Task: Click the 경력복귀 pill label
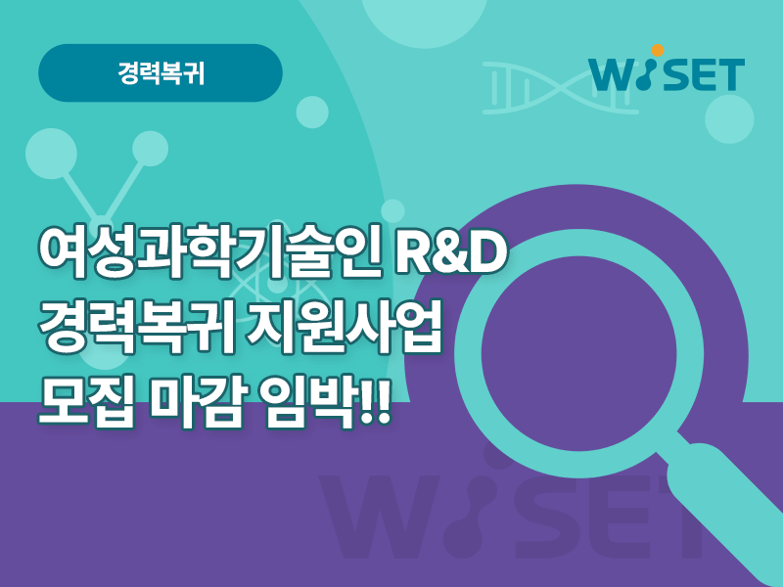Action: (x=161, y=73)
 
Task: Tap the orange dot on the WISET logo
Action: (x=658, y=51)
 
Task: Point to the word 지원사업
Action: (x=345, y=326)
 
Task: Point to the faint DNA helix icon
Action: (x=560, y=88)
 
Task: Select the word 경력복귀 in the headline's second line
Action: (x=135, y=326)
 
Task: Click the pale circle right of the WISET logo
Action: (x=729, y=119)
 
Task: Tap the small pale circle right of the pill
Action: (x=312, y=113)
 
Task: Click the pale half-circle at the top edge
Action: (x=424, y=20)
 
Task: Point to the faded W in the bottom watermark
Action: (x=380, y=517)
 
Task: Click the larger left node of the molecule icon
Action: (x=52, y=154)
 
